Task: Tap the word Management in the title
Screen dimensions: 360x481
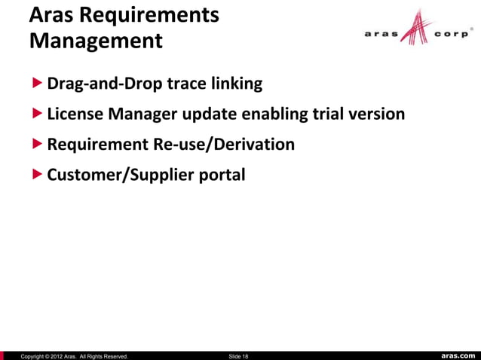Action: (x=96, y=40)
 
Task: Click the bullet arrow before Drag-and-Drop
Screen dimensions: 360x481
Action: (x=38, y=83)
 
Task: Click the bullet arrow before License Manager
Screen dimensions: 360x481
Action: (x=38, y=114)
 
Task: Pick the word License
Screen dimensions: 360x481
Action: (x=75, y=114)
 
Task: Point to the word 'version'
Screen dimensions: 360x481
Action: (x=378, y=114)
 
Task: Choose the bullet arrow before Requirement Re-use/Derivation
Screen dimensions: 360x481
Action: (x=38, y=144)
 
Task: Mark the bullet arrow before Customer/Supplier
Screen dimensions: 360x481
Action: (x=38, y=175)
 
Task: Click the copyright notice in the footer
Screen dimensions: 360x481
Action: (x=74, y=355)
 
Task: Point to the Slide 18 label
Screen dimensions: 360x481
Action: (x=238, y=355)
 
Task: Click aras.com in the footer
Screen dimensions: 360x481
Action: (x=458, y=355)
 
